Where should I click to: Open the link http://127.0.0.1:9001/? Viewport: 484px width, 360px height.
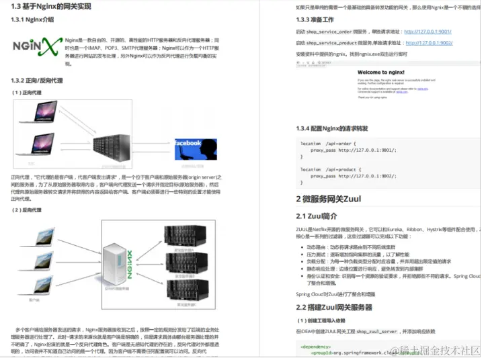428,32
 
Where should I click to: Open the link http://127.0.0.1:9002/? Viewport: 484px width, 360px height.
429,42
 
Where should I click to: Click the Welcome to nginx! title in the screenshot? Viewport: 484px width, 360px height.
381,71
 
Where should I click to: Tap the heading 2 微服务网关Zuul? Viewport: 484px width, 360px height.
329,199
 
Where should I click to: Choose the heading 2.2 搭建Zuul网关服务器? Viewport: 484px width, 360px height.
334,307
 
